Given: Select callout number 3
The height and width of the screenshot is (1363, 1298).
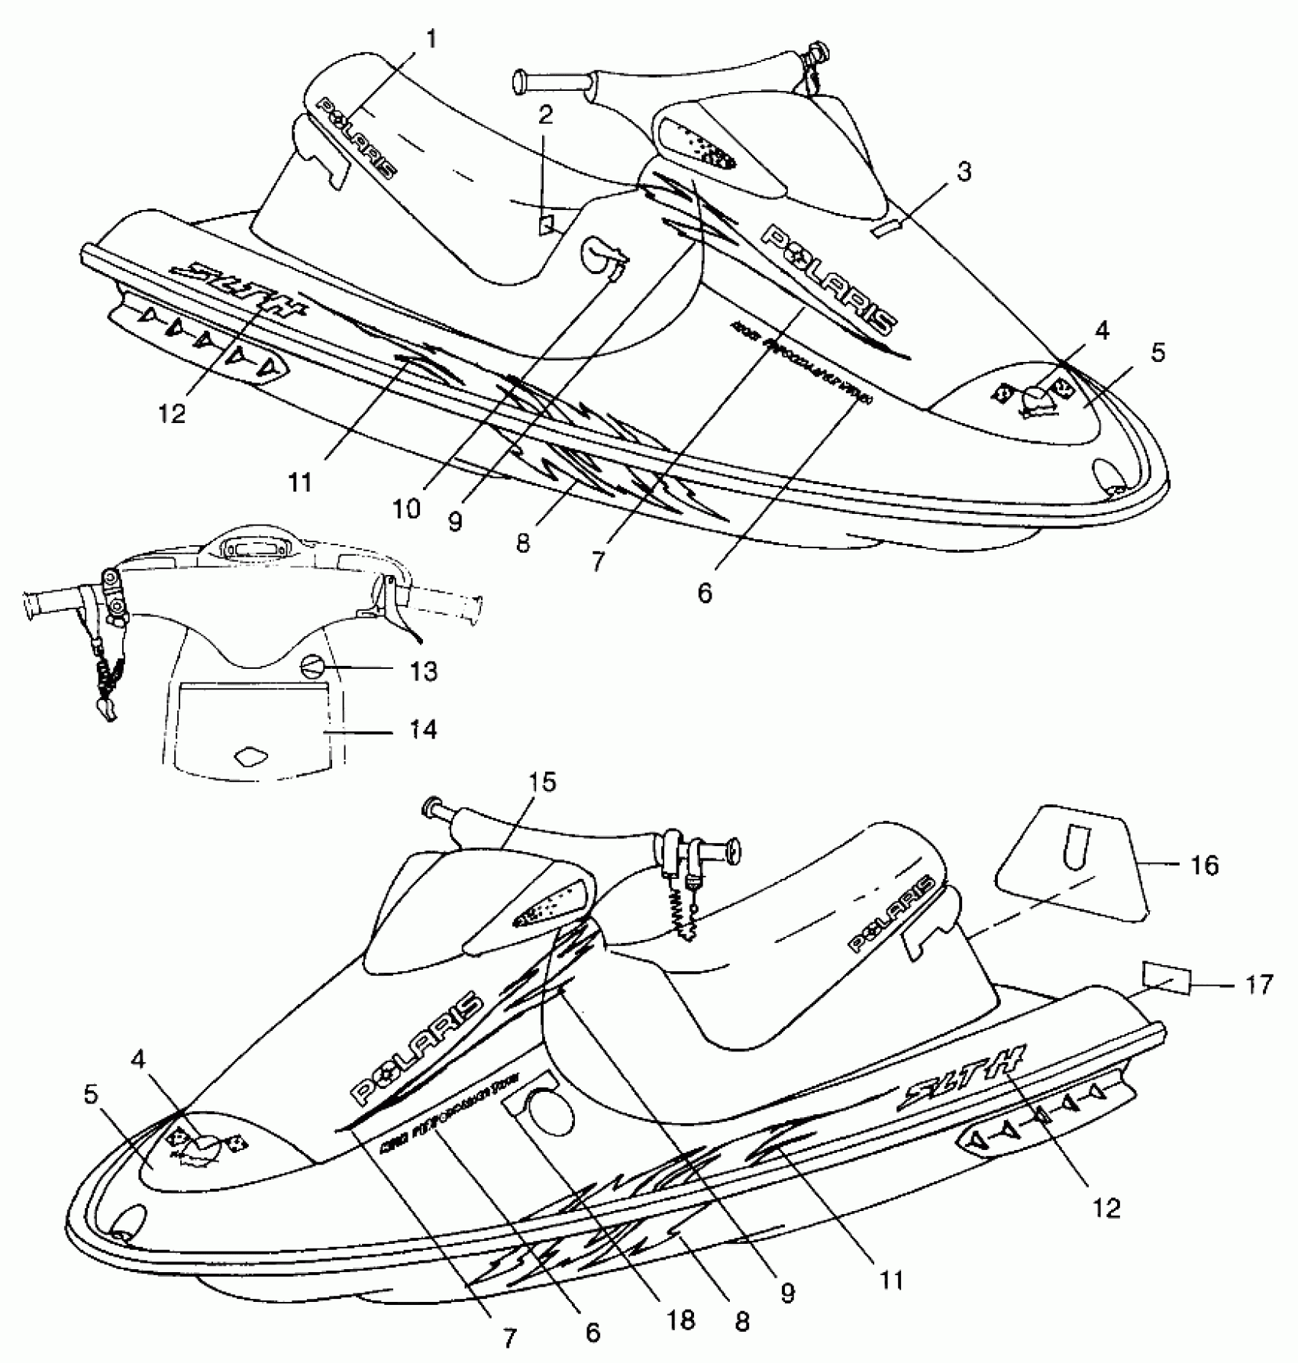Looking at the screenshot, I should point(964,173).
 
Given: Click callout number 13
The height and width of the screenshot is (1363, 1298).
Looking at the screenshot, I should point(423,671).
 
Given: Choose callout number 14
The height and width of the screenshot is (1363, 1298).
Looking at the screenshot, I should point(423,729).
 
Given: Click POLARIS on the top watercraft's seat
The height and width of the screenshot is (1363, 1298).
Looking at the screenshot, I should point(357,137).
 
